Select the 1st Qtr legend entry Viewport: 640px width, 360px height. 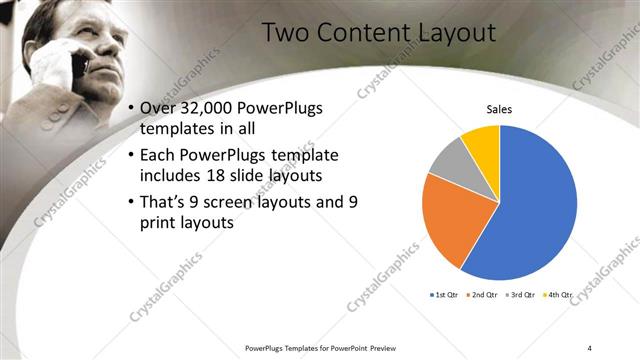(x=446, y=295)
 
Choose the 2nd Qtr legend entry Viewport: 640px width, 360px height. (x=484, y=295)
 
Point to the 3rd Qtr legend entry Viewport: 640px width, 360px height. (x=522, y=295)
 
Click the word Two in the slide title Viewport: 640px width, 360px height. (x=283, y=32)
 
